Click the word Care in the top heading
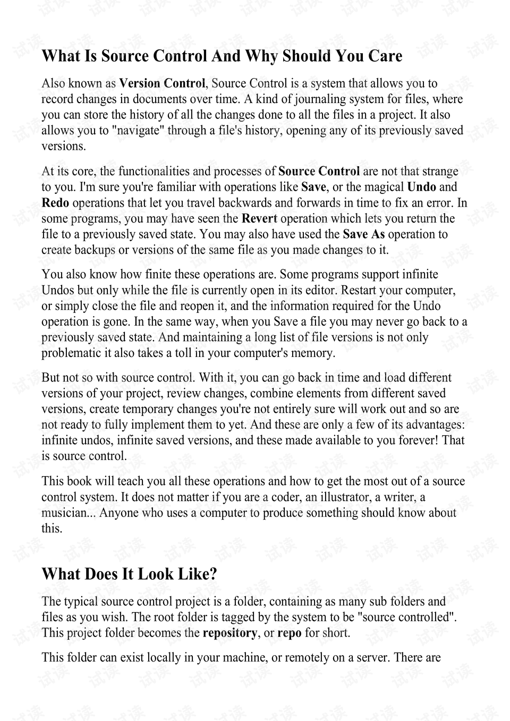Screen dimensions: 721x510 tap(385, 56)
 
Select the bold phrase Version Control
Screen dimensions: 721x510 tap(162, 83)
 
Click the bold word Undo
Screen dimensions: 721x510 tap(421, 187)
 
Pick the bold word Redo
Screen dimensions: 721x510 tap(55, 203)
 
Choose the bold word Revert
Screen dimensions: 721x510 tap(259, 218)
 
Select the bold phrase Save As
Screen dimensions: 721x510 tap(364, 234)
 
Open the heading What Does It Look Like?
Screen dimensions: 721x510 tap(130, 574)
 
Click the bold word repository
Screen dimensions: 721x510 tap(230, 633)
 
